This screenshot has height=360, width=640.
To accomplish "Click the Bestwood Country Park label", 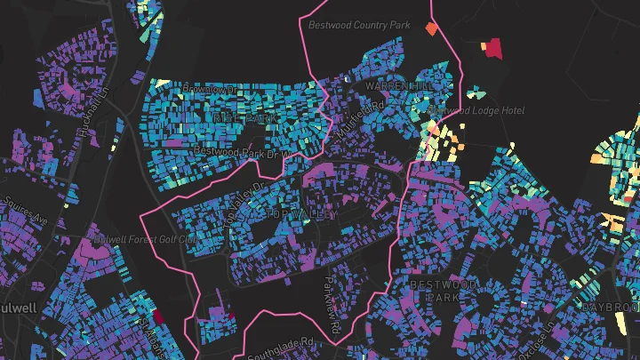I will click(x=359, y=25).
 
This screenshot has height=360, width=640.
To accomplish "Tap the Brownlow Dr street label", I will click(x=211, y=91).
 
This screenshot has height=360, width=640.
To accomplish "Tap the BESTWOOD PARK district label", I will click(x=444, y=290).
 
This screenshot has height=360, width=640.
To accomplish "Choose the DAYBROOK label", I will click(x=611, y=307).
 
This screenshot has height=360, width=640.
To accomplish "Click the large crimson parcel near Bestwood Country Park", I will click(x=492, y=48).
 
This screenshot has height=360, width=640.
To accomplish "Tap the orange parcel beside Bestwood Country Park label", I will click(x=432, y=28).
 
